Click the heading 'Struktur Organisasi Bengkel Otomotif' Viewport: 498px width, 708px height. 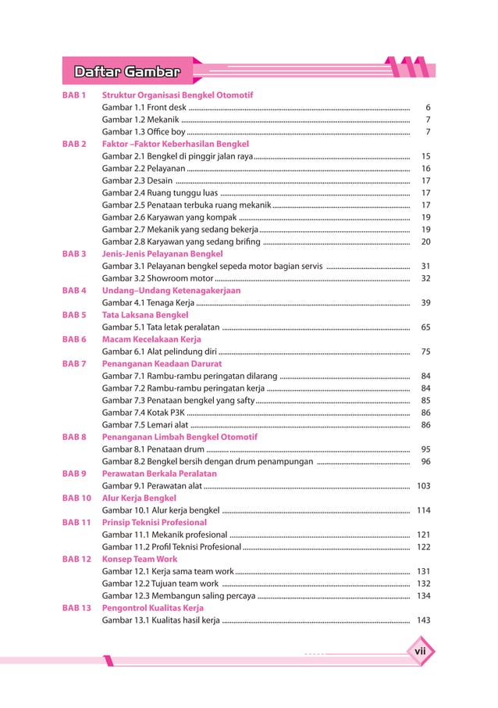click(177, 95)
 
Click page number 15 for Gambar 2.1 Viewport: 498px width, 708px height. click(425, 156)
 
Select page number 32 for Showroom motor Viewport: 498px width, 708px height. click(425, 278)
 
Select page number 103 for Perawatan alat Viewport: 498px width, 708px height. click(423, 485)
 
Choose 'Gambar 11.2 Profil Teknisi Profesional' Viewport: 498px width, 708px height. click(172, 547)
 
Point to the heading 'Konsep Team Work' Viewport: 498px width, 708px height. click(140, 559)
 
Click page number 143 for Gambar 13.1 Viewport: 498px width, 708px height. click(423, 620)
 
